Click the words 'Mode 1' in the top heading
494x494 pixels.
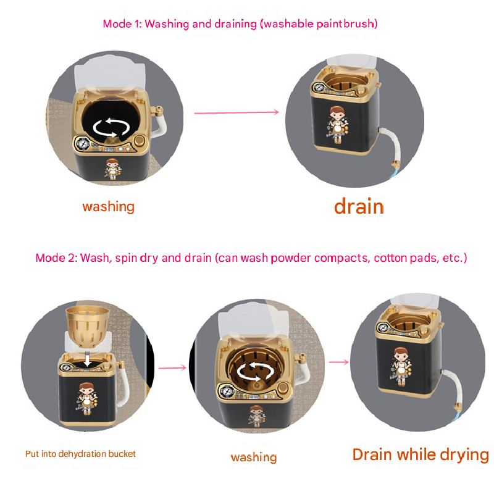tap(121, 24)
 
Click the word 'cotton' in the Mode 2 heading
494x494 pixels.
tap(395, 257)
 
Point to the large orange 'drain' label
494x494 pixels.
tap(359, 206)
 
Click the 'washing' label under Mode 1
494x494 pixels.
tap(108, 206)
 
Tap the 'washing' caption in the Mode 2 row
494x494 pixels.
tap(253, 457)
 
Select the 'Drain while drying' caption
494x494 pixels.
tap(420, 455)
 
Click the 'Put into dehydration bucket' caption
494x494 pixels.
tap(80, 453)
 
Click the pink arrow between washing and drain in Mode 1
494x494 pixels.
tap(237, 112)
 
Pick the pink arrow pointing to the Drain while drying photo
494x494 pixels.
tap(338, 362)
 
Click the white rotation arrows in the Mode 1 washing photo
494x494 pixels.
tap(111, 127)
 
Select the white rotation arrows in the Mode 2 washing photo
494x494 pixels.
tap(254, 371)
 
